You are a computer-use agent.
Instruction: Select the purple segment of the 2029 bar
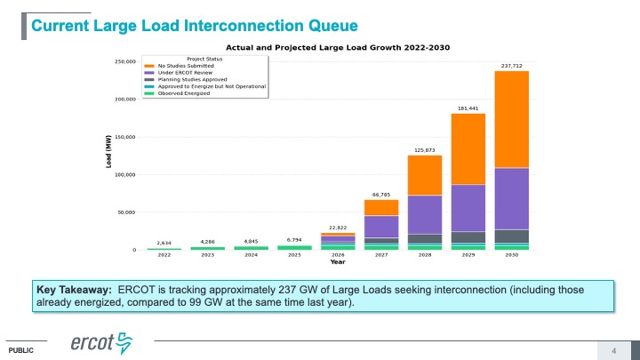468,208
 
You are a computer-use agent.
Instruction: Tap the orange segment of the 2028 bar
424,175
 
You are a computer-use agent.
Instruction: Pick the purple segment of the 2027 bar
380,227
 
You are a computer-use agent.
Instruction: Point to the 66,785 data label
381,194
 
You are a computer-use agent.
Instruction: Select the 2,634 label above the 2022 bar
164,243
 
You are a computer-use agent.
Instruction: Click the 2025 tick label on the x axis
294,256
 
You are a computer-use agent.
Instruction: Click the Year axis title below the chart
338,263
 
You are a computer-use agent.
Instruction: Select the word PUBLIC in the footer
22,350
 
